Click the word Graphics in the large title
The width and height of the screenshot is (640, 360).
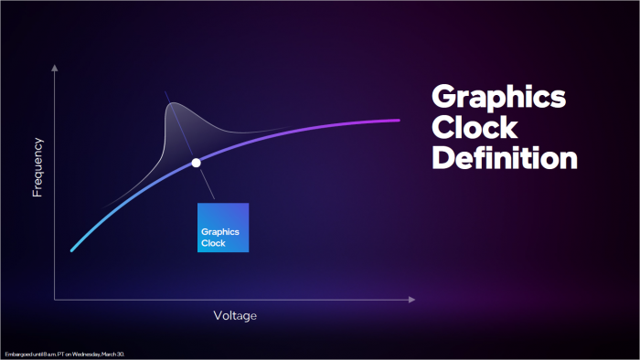point(497,99)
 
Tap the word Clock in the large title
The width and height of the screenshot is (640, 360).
point(474,127)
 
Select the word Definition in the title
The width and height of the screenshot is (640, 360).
point(504,157)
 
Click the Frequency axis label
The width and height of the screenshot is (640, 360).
point(38,167)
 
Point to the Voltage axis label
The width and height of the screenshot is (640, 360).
point(235,315)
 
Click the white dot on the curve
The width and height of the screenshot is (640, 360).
point(196,163)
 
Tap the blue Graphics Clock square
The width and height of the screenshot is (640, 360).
point(223,227)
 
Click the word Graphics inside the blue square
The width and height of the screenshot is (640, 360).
point(219,231)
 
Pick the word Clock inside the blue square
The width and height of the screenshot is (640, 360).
point(213,243)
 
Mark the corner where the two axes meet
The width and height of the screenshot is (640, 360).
point(55,299)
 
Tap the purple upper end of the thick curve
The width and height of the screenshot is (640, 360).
point(399,120)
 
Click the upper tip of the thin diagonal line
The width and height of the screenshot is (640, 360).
point(165,91)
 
